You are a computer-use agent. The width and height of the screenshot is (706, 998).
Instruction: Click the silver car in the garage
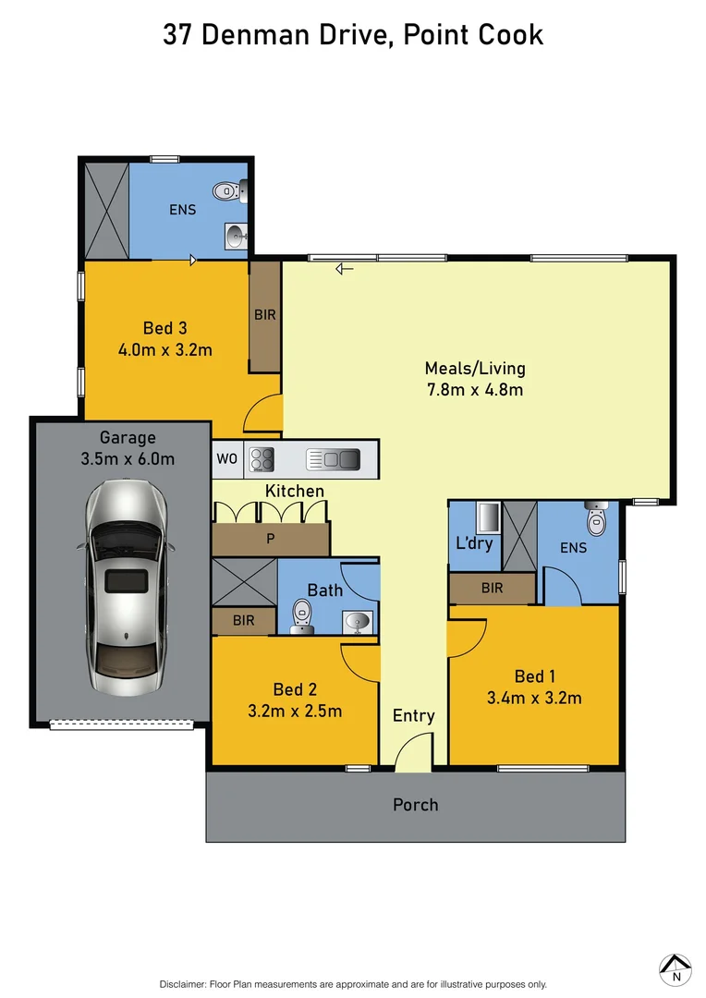(127, 588)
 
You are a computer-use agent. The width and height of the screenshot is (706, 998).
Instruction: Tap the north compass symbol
(676, 968)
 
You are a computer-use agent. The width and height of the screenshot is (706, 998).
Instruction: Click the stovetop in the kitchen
(261, 458)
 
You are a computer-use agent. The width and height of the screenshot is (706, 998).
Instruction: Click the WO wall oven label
(226, 458)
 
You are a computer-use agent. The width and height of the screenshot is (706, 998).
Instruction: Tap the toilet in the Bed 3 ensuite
(226, 191)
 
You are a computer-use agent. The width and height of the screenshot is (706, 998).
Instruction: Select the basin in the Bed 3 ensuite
(235, 237)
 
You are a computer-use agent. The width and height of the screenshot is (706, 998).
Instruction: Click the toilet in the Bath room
(301, 615)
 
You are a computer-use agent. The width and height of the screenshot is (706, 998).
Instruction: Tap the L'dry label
(475, 542)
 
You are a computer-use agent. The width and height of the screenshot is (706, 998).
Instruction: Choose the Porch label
(416, 805)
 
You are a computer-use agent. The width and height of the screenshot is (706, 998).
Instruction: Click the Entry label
(413, 715)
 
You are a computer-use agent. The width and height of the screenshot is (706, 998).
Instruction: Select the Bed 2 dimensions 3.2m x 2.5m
(295, 711)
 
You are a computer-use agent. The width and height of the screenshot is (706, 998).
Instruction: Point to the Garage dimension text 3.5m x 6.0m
(128, 457)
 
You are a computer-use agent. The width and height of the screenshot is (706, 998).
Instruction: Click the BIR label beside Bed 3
(265, 315)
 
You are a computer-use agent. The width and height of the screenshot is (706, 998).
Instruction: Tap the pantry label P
(270, 539)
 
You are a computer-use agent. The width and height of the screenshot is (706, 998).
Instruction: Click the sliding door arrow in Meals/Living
(345, 269)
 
